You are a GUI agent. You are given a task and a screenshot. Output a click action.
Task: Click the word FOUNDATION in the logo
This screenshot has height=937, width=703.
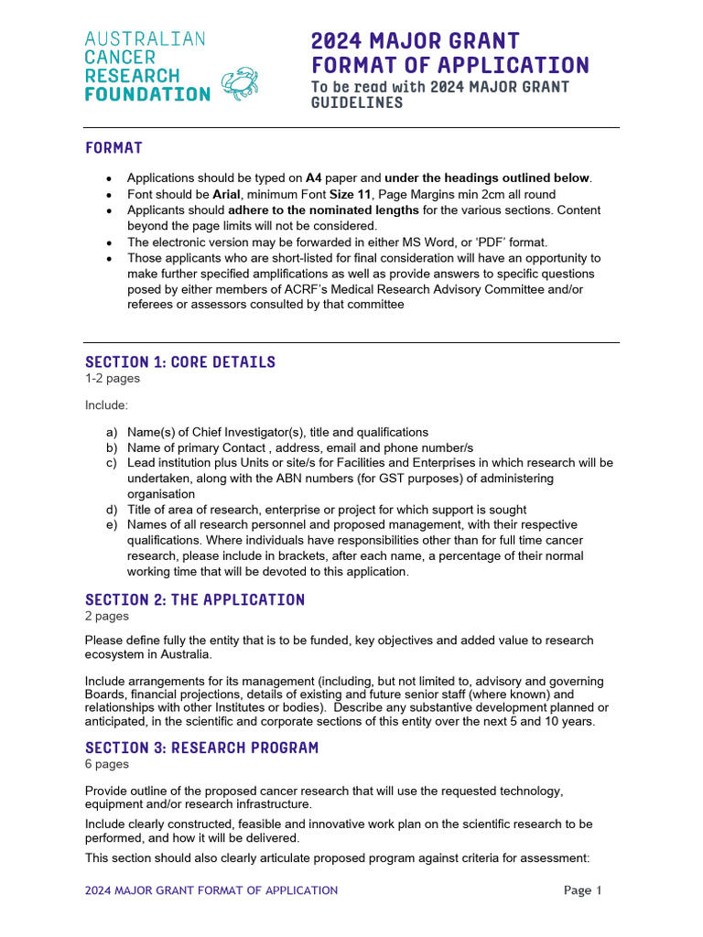147,94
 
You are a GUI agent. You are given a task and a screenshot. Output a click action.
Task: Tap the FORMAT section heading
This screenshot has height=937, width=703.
114,147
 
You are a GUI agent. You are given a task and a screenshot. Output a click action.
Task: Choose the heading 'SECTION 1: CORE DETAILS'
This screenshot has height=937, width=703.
180,361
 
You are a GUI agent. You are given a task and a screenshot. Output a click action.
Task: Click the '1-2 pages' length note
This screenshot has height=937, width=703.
113,378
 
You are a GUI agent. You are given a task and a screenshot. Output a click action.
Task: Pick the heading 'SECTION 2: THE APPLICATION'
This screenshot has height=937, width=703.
195,599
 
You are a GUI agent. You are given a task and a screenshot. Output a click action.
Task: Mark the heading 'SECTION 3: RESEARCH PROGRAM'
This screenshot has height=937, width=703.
201,748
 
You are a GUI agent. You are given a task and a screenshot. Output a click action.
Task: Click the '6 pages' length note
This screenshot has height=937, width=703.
107,764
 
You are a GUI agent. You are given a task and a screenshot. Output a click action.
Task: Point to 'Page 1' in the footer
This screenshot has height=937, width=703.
583,890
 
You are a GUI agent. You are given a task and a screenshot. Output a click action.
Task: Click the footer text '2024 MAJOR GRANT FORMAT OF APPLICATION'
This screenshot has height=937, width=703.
211,890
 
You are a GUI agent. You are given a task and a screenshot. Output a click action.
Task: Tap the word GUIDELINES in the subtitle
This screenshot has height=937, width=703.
357,103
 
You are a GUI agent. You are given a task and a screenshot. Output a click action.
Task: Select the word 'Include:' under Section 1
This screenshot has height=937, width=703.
107,404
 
